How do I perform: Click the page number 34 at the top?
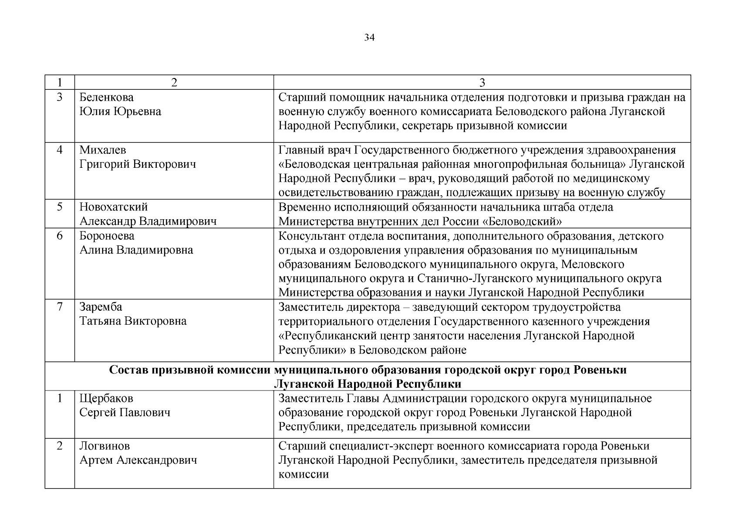369,38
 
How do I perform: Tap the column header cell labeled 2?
174,83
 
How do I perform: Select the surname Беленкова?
106,97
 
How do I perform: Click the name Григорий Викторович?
138,164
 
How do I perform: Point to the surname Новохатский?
114,207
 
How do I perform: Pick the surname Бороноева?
107,236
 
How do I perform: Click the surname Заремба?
101,307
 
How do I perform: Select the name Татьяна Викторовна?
133,321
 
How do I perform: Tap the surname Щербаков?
106,398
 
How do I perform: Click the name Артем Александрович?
138,460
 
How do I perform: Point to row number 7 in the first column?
60,307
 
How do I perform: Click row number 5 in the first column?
60,207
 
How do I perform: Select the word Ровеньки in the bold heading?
600,370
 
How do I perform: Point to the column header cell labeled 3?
482,83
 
